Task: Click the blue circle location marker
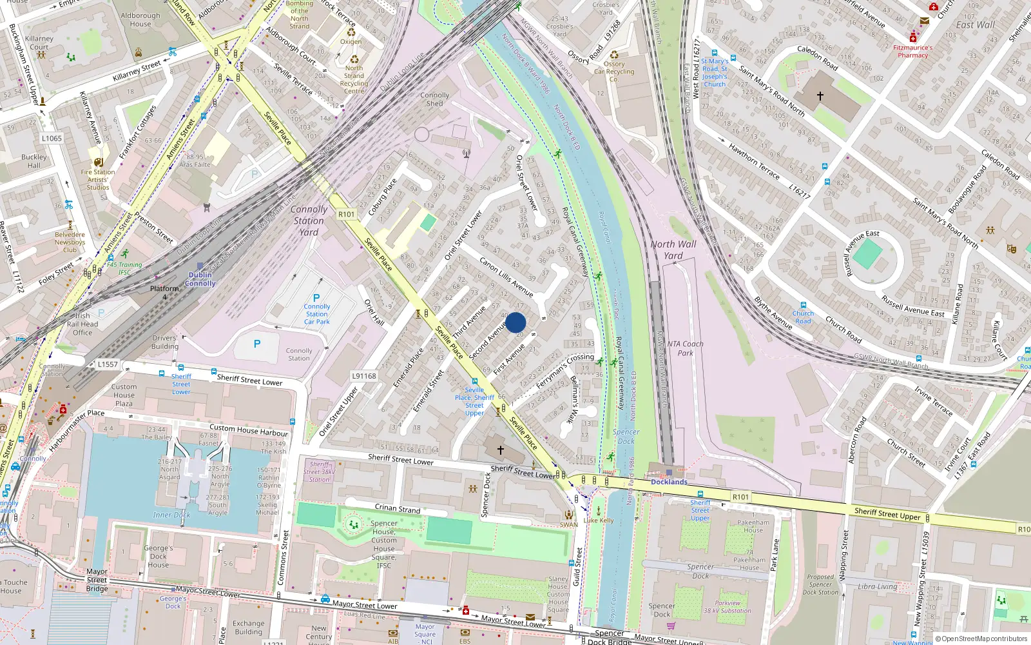(x=515, y=322)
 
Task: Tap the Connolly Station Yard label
(x=309, y=221)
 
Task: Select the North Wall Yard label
(x=673, y=250)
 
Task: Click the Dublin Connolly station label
(x=200, y=279)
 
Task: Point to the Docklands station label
(x=669, y=482)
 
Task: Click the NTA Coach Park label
(x=686, y=348)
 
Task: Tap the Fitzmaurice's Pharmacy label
(x=913, y=51)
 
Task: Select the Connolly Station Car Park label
(x=316, y=314)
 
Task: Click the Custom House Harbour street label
(x=249, y=430)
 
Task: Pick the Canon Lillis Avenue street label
(x=506, y=277)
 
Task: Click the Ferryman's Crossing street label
(x=565, y=370)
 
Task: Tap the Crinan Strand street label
(x=398, y=508)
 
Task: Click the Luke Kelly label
(x=599, y=520)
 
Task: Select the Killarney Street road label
(x=137, y=71)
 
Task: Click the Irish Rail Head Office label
(x=82, y=324)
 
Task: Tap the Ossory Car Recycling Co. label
(x=614, y=72)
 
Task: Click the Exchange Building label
(x=249, y=628)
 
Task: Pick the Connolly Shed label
(x=435, y=99)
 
